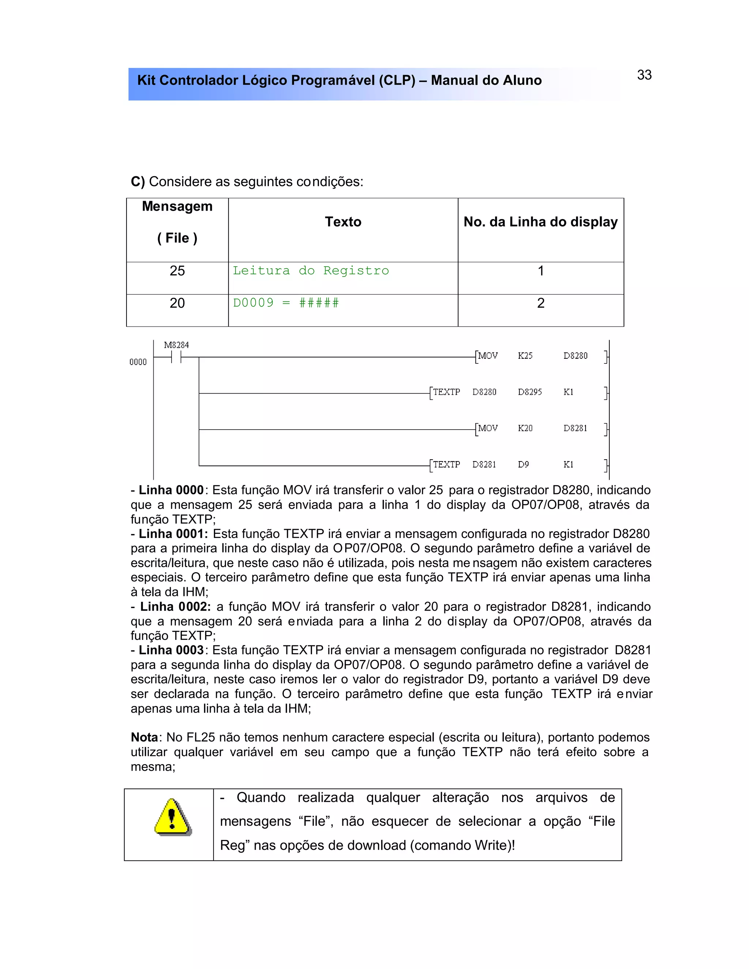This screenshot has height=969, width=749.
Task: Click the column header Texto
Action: tap(343, 222)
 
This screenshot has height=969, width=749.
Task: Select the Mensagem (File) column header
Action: tap(177, 222)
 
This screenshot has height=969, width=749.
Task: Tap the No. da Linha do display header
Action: tap(541, 222)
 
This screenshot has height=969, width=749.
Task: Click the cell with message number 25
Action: tap(177, 271)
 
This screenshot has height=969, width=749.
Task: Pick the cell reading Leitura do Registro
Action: tap(310, 271)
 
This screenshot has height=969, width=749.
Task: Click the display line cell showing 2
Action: tap(541, 303)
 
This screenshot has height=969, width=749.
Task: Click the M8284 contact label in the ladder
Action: tap(176, 345)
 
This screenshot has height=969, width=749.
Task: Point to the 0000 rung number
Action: tap(138, 362)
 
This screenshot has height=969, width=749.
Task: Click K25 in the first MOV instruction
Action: tap(525, 356)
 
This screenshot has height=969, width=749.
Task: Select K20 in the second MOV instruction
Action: tap(525, 429)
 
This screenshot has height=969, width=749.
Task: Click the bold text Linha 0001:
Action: tap(173, 534)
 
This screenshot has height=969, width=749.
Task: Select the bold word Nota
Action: tap(144, 738)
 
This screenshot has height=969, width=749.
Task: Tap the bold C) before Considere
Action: tap(138, 182)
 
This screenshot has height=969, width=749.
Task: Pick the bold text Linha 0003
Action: tap(171, 651)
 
